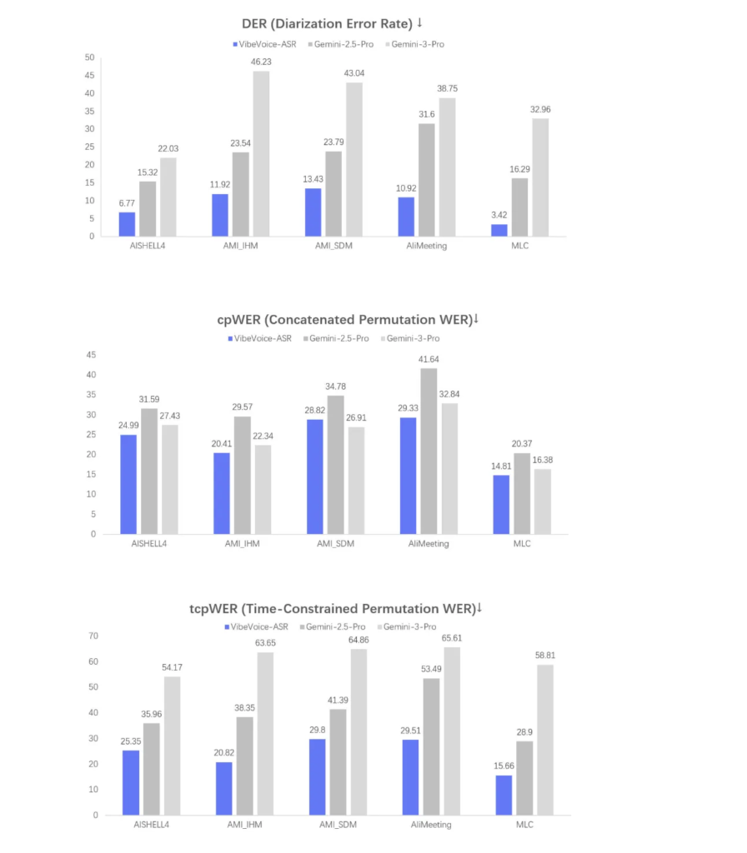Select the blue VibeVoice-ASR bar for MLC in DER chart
pos(499,230)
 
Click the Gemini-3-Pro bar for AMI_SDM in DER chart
pos(353,159)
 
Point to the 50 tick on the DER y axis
pos(89,57)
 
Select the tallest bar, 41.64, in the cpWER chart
pos(428,451)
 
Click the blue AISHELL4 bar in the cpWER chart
pos(129,484)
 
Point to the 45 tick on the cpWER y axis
pos(89,355)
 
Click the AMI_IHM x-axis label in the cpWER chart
pos(242,543)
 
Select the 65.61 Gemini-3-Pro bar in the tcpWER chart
pos(452,731)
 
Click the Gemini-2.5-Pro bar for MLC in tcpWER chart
pos(524,777)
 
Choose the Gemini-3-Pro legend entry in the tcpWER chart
pos(410,626)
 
